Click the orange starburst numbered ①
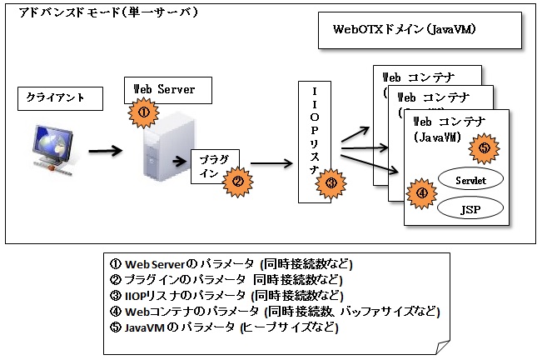(142, 111)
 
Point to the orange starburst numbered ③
(331, 183)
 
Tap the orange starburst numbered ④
(422, 193)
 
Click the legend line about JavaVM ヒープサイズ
(225, 327)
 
